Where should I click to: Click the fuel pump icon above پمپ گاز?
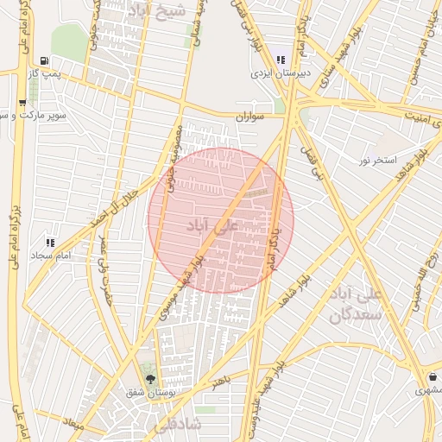(x=43, y=61)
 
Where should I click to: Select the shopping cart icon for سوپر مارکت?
(x=21, y=102)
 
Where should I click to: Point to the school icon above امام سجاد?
(x=49, y=243)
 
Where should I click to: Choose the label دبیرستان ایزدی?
(x=280, y=74)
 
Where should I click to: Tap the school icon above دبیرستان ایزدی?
(x=281, y=60)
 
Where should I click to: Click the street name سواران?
(x=248, y=115)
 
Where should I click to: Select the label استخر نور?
(x=379, y=161)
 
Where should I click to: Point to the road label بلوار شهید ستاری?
(x=337, y=63)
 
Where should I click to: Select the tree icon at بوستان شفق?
(x=151, y=378)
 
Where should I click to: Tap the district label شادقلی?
(x=175, y=426)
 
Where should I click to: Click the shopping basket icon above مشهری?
(x=432, y=377)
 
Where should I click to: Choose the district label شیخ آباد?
(x=155, y=12)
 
